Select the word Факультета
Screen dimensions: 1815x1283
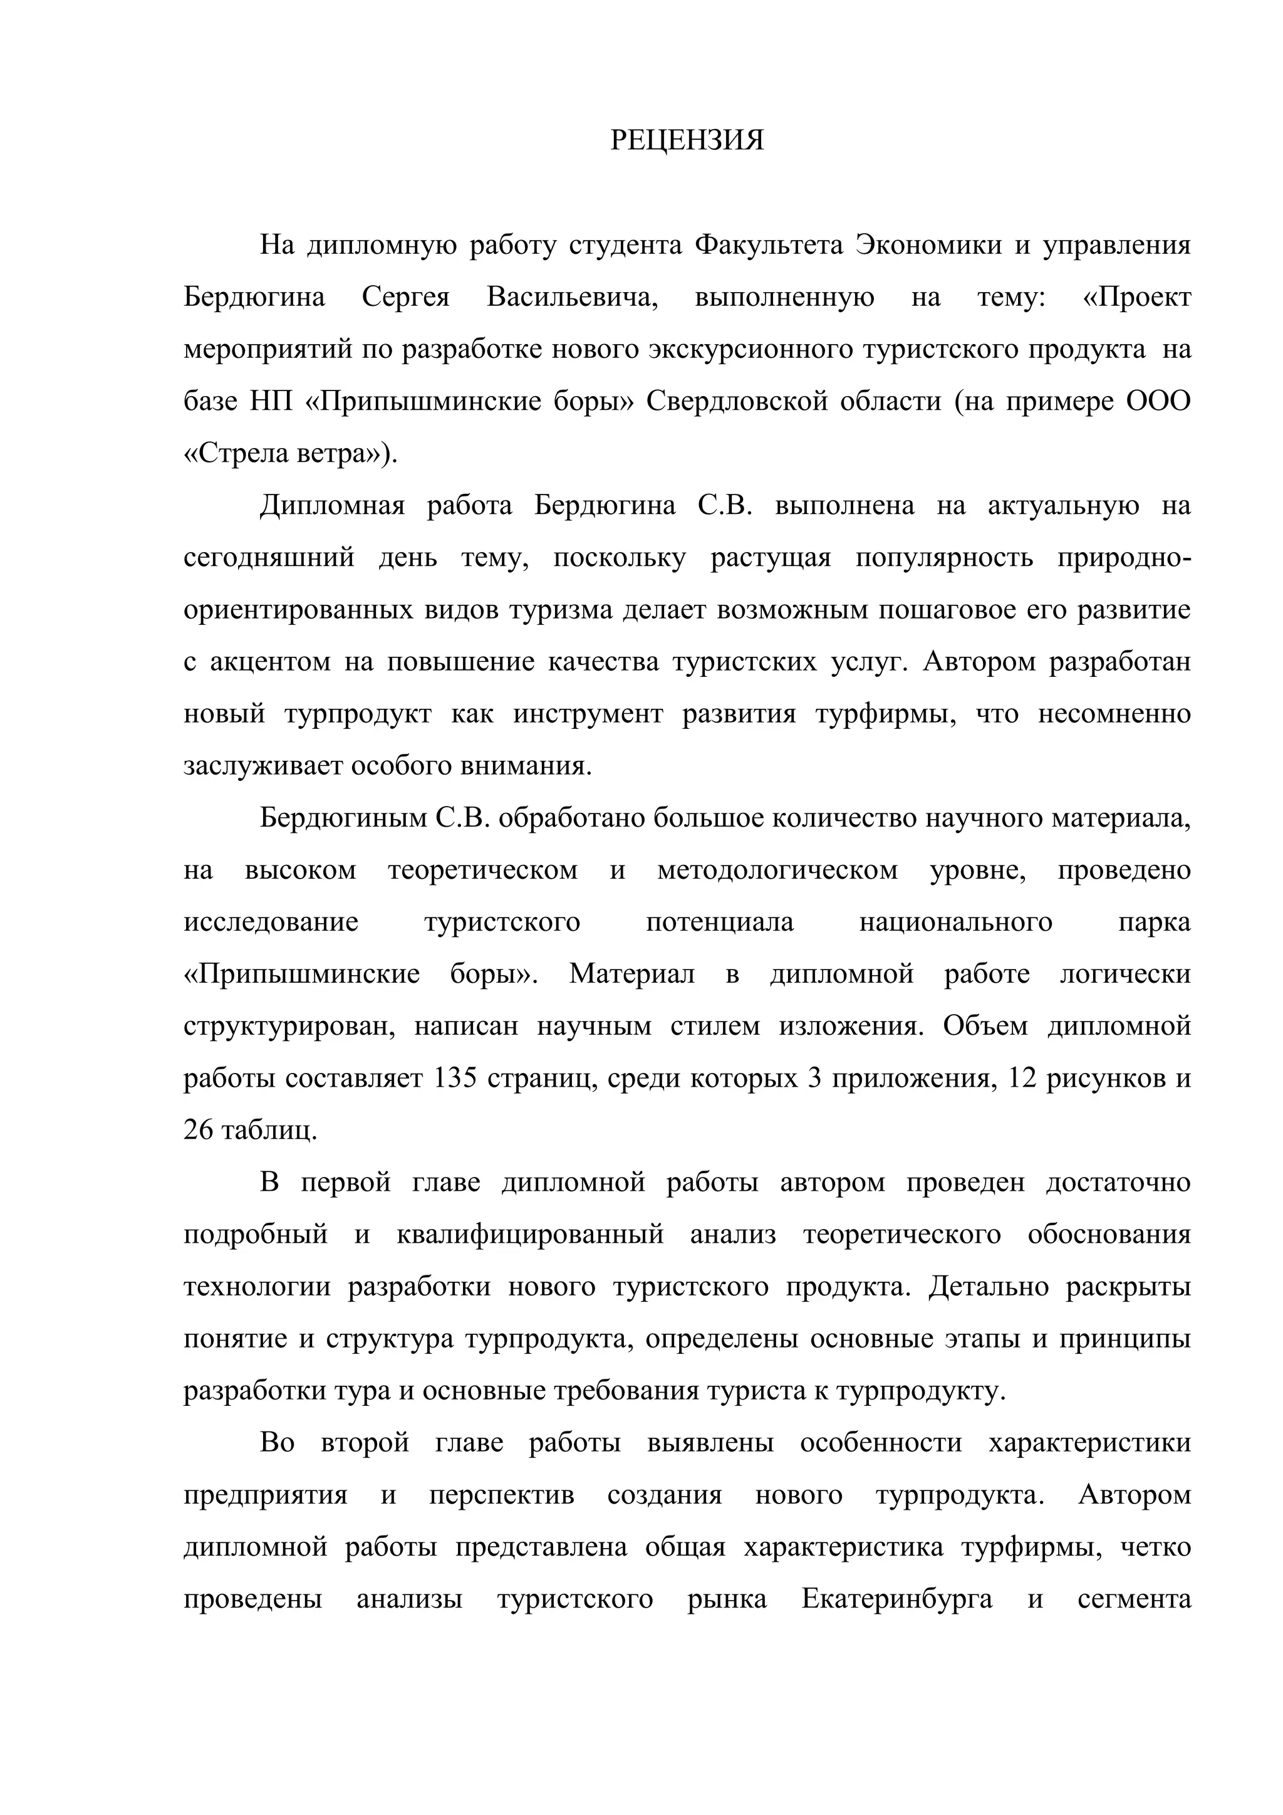tap(768, 245)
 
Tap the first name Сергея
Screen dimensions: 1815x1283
tap(405, 297)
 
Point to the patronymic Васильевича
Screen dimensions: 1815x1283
tap(572, 297)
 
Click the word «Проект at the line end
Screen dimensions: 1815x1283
tap(1137, 297)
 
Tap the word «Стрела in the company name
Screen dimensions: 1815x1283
tap(237, 454)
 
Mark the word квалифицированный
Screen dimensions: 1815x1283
tap(530, 1235)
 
